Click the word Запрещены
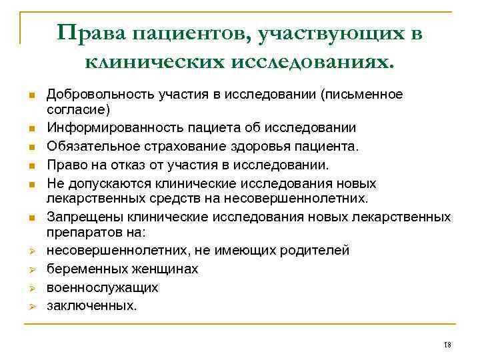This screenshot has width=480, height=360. point(79,217)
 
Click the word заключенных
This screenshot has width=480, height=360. point(91,306)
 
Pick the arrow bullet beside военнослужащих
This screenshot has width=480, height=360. point(31,288)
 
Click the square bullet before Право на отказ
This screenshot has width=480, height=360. point(31,165)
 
